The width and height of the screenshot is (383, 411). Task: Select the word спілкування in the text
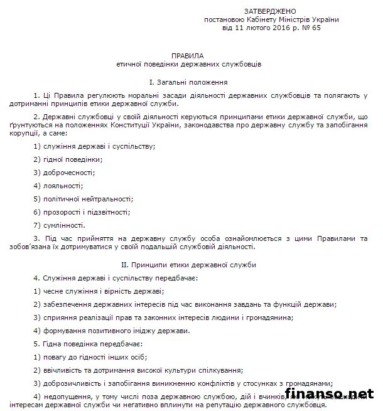coord(219,370)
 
